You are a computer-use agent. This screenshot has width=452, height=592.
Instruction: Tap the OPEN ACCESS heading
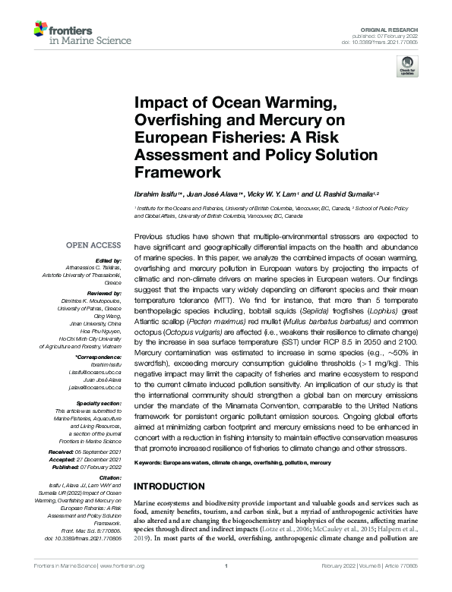(x=93, y=245)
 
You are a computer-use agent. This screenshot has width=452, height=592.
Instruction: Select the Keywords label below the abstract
(x=153, y=462)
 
